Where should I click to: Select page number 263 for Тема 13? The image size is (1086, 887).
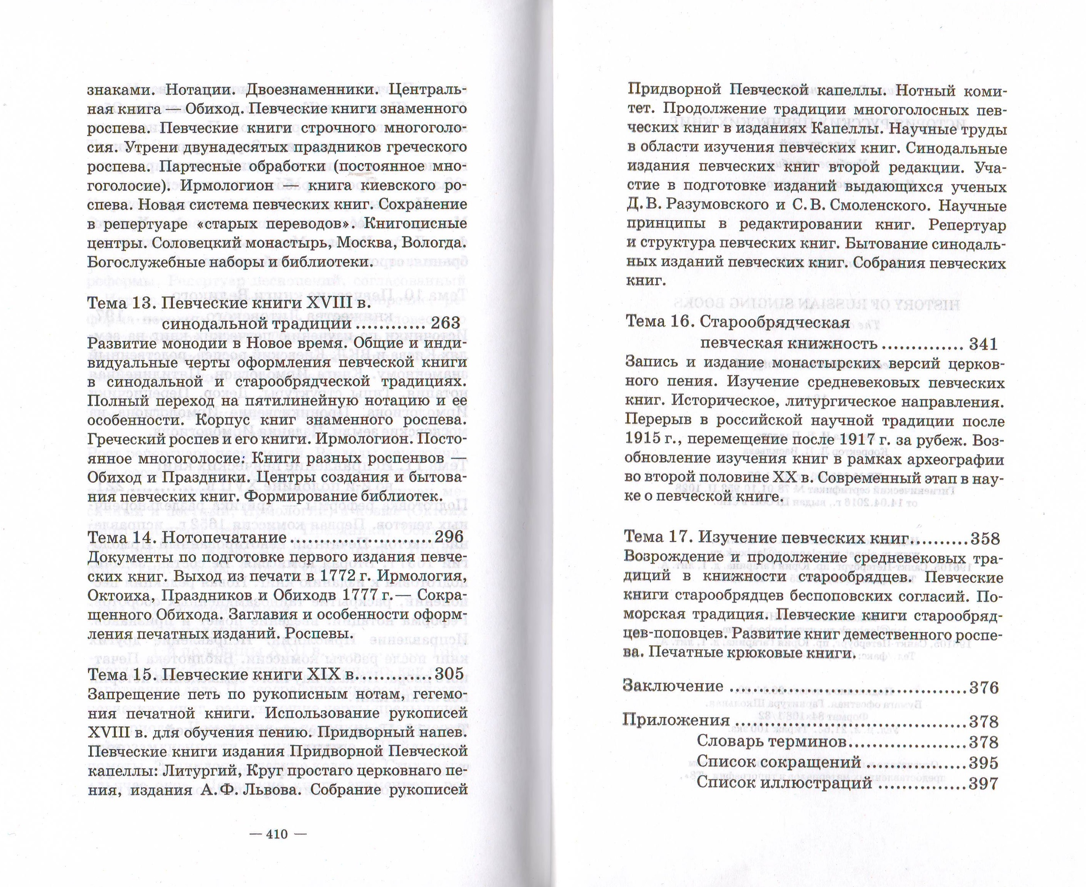(x=445, y=323)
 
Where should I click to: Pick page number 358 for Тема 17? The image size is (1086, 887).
(x=985, y=538)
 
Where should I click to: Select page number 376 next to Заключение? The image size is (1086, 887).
(x=984, y=688)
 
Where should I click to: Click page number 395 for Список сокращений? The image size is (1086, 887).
(x=983, y=763)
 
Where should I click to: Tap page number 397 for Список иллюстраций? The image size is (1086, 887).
(x=983, y=783)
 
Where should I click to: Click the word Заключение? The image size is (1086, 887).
(x=673, y=686)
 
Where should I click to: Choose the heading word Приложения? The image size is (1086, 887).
(x=676, y=721)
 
